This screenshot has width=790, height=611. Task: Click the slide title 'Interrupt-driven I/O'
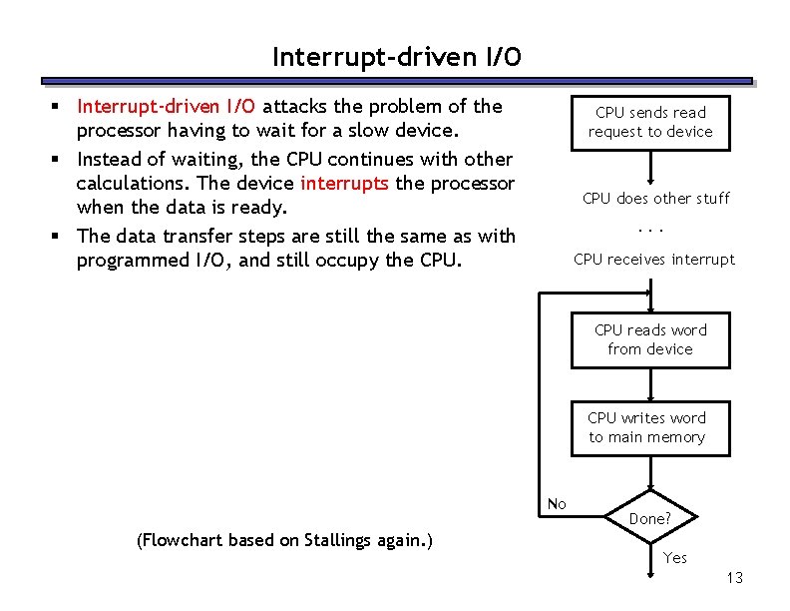pos(396,58)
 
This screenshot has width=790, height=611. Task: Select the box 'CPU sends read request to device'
pos(650,122)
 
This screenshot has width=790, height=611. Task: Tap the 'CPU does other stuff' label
pos(655,198)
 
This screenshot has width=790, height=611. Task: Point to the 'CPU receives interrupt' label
pos(653,260)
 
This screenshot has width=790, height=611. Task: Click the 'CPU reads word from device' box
pos(650,339)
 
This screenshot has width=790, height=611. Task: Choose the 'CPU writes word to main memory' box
pos(646,427)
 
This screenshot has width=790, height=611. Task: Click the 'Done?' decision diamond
pos(649,517)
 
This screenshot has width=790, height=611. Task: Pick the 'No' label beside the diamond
pos(557,504)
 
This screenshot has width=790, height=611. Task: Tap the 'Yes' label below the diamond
pos(675,558)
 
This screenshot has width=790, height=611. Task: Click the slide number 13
pos(735,578)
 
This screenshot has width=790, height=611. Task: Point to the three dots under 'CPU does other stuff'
pos(650,229)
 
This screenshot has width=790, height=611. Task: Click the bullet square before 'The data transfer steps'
pos(61,237)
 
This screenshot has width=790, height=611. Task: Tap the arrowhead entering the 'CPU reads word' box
pos(650,292)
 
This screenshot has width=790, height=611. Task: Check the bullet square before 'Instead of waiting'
pos(61,159)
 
